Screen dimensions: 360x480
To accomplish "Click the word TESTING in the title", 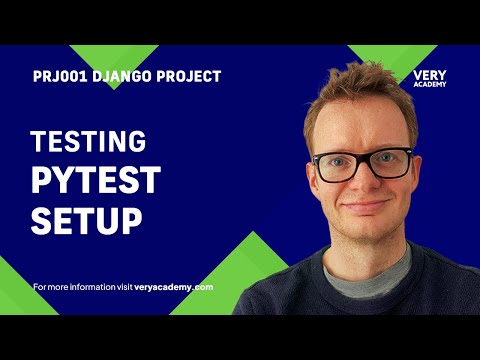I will click(88, 141).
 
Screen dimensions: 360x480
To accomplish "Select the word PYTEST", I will click(95, 180).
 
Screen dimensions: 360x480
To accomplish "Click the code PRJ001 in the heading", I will click(54, 77).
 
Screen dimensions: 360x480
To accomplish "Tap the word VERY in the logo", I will click(429, 75).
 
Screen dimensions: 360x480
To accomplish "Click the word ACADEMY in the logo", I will click(429, 84).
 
